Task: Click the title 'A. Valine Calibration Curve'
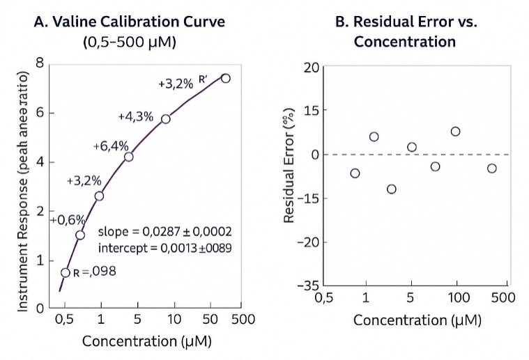[130, 22]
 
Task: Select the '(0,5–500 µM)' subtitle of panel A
[130, 42]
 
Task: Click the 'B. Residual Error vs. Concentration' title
[404, 31]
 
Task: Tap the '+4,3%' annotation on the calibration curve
[135, 116]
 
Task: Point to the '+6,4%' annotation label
[111, 146]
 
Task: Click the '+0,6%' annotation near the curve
[68, 220]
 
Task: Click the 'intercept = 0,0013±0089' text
[165, 247]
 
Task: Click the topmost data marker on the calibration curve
[225, 78]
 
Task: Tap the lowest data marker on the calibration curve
[66, 272]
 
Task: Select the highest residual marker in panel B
[455, 131]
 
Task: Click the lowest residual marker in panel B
[391, 189]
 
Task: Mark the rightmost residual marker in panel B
[491, 168]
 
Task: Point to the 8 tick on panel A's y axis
[40, 63]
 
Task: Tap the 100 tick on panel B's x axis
[457, 299]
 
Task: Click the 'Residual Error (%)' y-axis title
[289, 166]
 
